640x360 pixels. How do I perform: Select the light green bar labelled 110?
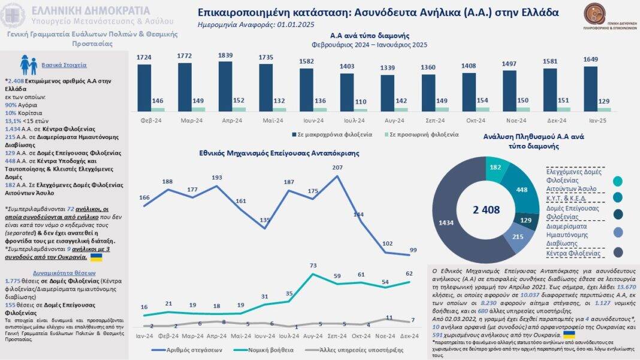[x=361, y=109]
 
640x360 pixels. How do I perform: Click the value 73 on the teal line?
[x=313, y=265]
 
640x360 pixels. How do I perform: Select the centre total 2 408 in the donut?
[x=485, y=210]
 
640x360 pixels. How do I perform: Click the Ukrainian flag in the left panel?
[x=96, y=257]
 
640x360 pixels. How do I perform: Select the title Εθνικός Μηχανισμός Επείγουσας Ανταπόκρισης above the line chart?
[x=279, y=153]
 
